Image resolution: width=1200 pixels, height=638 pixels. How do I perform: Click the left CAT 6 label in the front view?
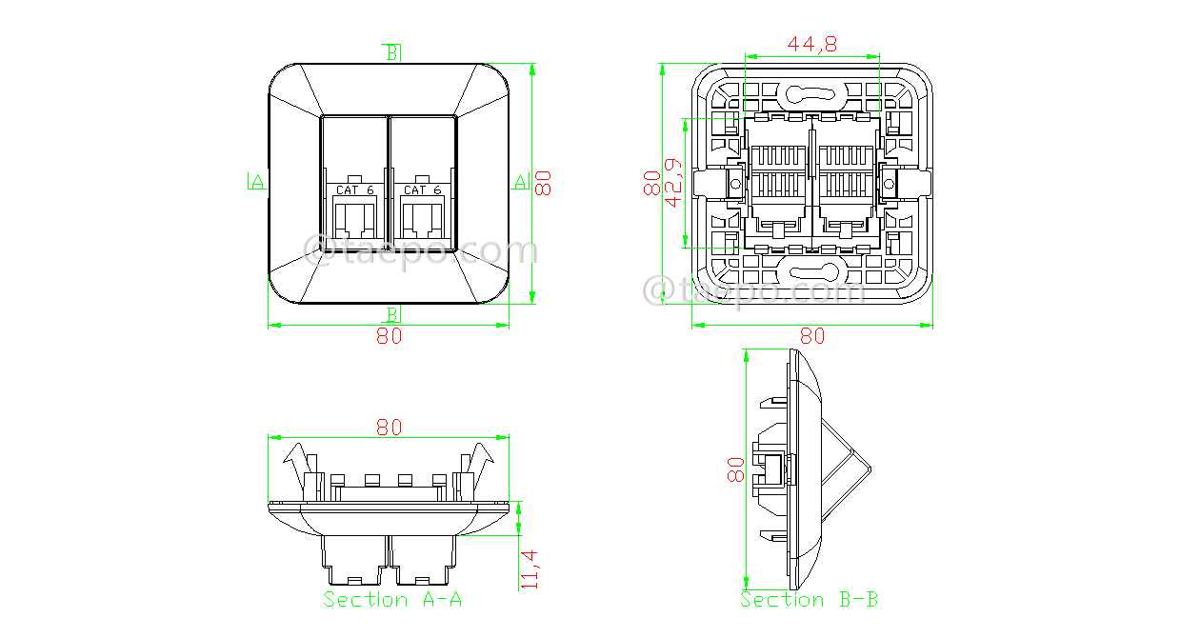[x=354, y=190]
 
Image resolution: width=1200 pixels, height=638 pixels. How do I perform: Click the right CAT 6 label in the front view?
[x=422, y=190]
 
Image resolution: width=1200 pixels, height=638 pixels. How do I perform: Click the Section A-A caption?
[x=392, y=599]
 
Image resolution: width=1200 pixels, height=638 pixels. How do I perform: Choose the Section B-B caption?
[x=810, y=599]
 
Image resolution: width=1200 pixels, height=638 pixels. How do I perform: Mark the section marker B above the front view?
[x=391, y=52]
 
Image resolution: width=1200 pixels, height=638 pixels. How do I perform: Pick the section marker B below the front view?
[x=391, y=314]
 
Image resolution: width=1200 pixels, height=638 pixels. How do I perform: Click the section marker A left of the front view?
[x=257, y=180]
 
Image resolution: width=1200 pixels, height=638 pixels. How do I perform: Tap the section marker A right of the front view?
[x=520, y=180]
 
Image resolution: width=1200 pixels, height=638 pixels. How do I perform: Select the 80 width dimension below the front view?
[x=389, y=336]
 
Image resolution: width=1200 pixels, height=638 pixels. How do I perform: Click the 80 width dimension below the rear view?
[x=811, y=336]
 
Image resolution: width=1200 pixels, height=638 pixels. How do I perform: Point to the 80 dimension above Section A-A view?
[x=389, y=428]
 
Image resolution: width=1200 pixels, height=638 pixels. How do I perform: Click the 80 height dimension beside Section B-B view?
[x=735, y=469]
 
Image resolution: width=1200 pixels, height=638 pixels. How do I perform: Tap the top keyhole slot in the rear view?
[x=810, y=93]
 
